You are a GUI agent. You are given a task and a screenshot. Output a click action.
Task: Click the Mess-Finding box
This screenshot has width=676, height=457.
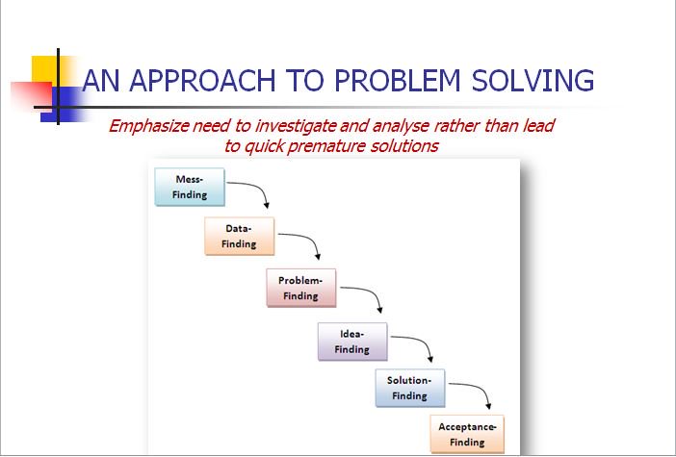click(x=189, y=188)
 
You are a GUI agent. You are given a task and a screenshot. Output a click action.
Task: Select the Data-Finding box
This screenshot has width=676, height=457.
click(x=239, y=237)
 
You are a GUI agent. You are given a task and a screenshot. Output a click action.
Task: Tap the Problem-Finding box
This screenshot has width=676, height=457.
click(x=300, y=289)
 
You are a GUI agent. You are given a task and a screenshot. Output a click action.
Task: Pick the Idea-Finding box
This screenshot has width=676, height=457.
click(x=351, y=342)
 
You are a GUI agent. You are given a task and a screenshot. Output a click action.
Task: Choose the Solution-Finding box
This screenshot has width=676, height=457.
click(x=409, y=388)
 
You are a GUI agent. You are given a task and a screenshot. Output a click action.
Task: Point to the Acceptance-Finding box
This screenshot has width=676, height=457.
click(x=467, y=435)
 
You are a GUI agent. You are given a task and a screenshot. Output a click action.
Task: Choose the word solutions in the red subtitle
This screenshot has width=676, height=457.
click(x=403, y=146)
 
